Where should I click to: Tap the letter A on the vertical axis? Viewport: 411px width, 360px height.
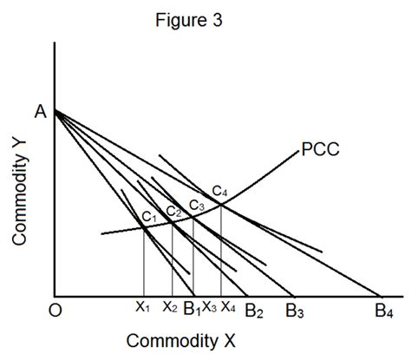(41, 111)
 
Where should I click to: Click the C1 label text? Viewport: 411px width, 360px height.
(150, 217)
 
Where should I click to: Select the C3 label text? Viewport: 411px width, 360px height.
(197, 206)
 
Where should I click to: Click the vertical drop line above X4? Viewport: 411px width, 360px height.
(221, 252)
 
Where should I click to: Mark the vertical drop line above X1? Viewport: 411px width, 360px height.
(143, 260)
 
